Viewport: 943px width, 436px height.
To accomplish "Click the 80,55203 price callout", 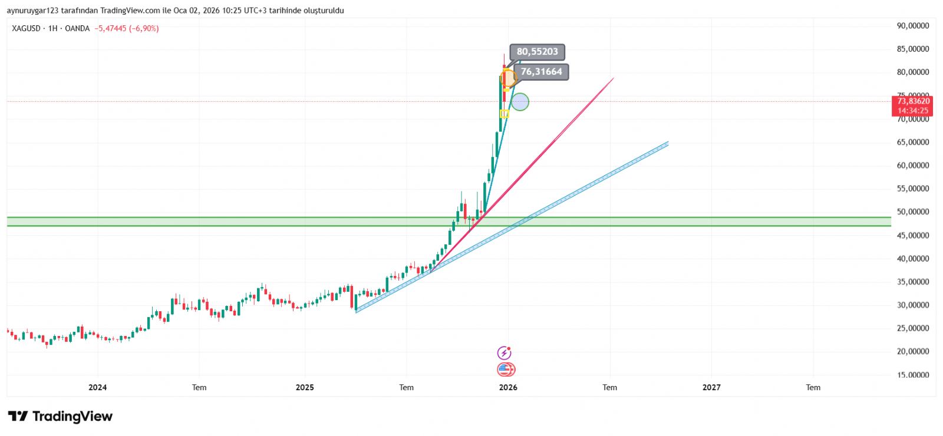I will click(x=537, y=52).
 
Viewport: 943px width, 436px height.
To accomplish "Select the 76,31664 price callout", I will click(x=541, y=72).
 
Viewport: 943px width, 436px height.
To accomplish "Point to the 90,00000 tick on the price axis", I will click(x=912, y=26).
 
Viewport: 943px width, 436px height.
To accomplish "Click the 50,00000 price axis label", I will click(x=912, y=212).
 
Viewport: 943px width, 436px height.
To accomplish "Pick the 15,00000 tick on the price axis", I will click(x=912, y=375).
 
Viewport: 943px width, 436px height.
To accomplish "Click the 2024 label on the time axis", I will click(x=97, y=387).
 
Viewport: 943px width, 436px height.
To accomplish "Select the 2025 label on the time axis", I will click(x=305, y=387).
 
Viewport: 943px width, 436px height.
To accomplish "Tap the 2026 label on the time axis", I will click(x=508, y=387).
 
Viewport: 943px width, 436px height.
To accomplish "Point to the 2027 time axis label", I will click(x=711, y=387).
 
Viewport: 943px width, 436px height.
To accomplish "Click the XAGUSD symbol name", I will click(x=26, y=28).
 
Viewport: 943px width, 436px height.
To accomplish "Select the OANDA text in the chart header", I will click(x=77, y=28).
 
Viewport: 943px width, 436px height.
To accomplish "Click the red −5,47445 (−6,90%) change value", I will click(x=127, y=28).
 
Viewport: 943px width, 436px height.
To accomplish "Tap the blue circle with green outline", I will click(x=520, y=102).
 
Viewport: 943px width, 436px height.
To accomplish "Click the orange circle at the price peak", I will click(x=507, y=78).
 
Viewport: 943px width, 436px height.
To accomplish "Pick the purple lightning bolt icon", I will click(x=505, y=353).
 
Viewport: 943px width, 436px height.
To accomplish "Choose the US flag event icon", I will click(x=506, y=370).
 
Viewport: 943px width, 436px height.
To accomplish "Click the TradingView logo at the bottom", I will click(x=60, y=417).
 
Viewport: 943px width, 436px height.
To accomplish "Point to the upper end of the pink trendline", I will click(x=614, y=78).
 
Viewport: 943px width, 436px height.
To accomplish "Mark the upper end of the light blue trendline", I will click(x=667, y=142).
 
